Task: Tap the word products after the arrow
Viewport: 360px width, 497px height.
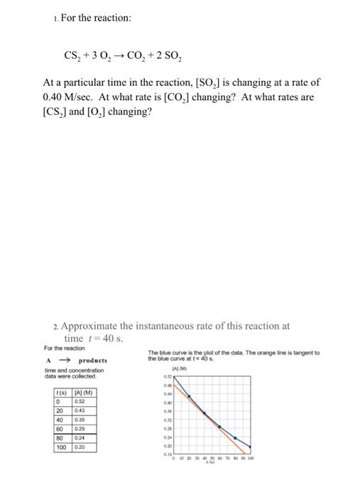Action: point(93,361)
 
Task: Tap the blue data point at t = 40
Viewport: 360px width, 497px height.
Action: point(204,413)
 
